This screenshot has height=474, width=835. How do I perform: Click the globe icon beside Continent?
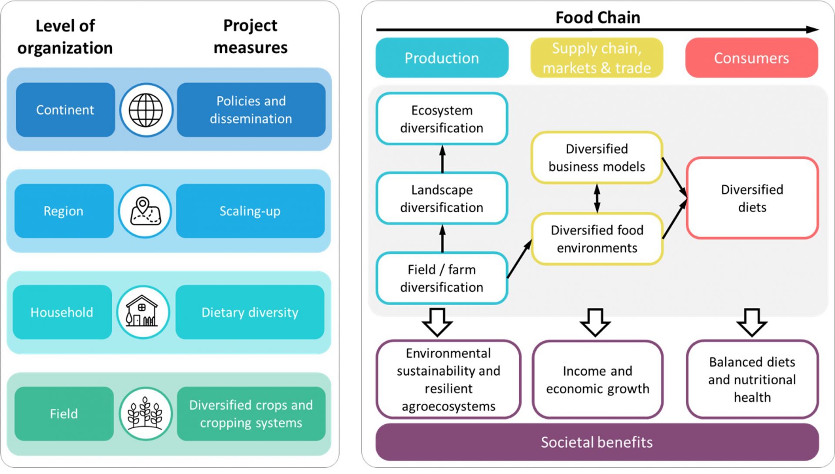[146, 110]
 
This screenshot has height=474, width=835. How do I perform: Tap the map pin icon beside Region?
[145, 212]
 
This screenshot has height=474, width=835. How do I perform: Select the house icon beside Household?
[143, 313]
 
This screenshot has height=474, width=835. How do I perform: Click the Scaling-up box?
[250, 211]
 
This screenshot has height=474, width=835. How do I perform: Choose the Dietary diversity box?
[250, 313]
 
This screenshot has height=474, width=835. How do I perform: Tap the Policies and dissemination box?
[251, 110]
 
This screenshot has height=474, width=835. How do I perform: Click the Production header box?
[442, 58]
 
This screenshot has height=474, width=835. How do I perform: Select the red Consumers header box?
[751, 58]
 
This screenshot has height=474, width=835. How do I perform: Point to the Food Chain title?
[598, 18]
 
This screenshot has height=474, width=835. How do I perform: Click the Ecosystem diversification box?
[442, 119]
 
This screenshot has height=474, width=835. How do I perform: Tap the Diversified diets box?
[752, 198]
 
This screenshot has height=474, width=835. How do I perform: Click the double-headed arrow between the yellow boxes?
[597, 198]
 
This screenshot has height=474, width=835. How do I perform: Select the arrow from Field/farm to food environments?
[519, 259]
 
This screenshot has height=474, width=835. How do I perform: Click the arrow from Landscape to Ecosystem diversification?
[442, 159]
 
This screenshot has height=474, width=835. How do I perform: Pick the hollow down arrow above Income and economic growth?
[595, 323]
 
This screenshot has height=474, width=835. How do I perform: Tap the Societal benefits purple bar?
[597, 443]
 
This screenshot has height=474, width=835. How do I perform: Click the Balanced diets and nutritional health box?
[752, 380]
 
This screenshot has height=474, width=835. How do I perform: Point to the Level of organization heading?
[65, 37]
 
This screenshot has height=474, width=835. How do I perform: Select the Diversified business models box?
[597, 158]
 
